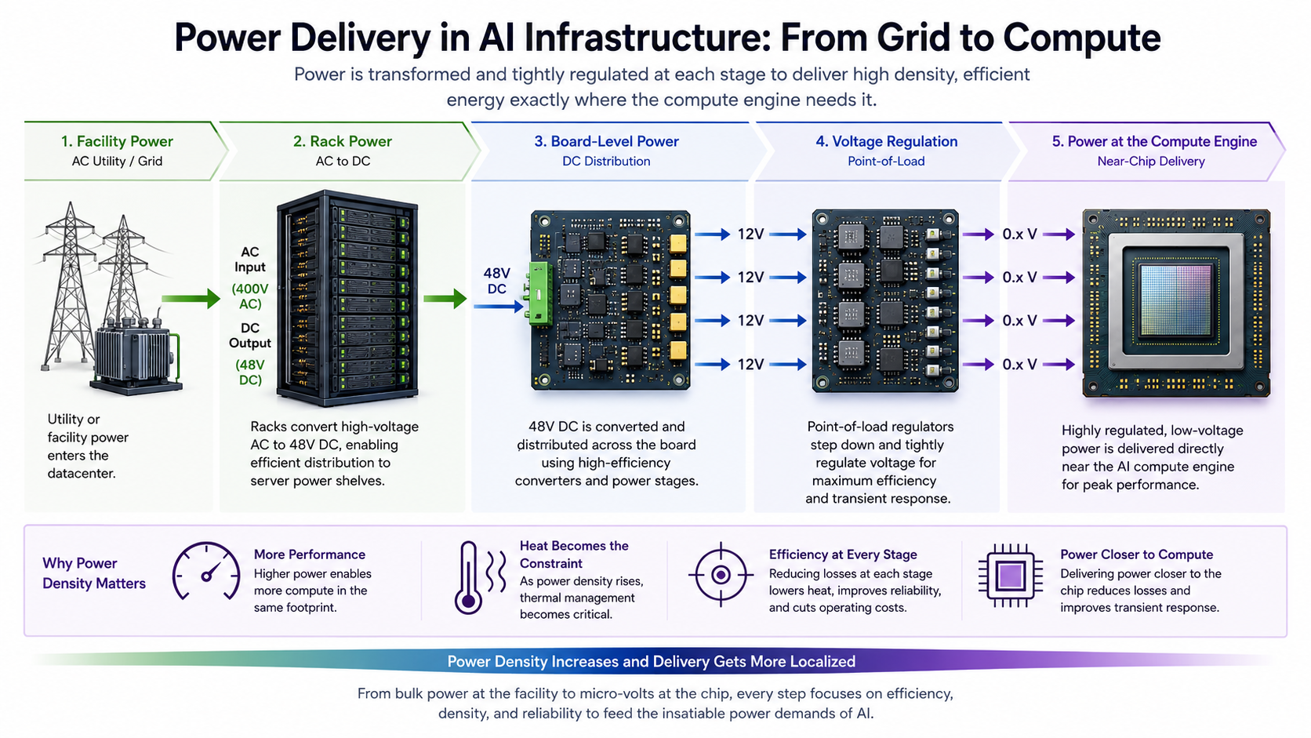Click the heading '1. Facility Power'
(x=117, y=141)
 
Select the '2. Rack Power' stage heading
(x=343, y=141)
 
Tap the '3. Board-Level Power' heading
(x=606, y=141)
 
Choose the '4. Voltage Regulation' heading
(x=887, y=141)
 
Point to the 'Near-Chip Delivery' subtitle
(x=1150, y=161)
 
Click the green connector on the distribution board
(x=540, y=293)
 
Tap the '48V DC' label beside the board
(x=497, y=281)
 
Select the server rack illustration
(x=347, y=299)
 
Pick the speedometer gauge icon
(x=206, y=571)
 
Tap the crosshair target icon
(x=721, y=575)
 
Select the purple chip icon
(x=1011, y=576)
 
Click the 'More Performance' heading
(x=310, y=554)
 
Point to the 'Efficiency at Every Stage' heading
(x=843, y=554)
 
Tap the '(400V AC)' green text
(x=250, y=296)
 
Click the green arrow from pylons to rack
(x=191, y=299)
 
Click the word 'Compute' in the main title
(x=1081, y=38)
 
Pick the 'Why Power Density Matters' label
(x=93, y=573)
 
